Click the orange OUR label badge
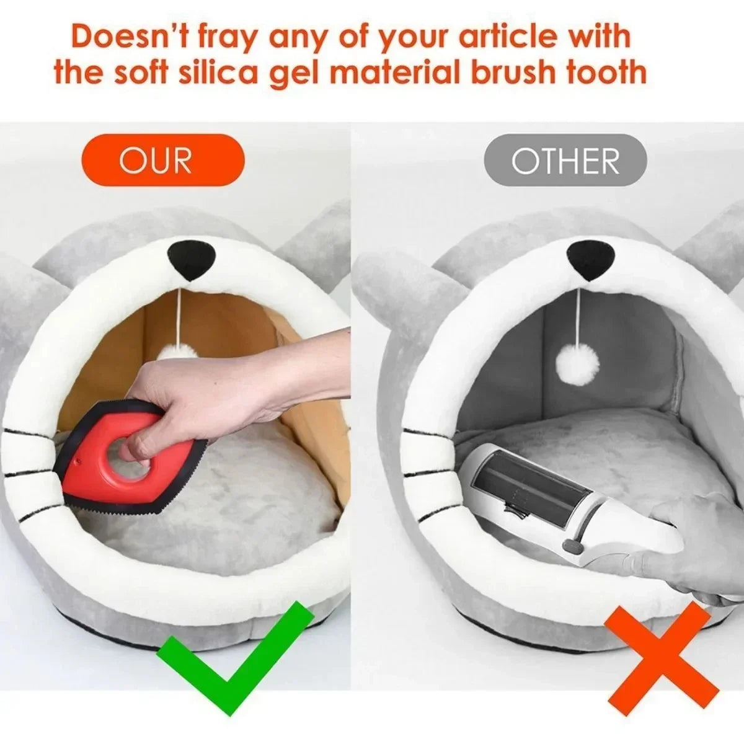163,160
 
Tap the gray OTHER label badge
565,160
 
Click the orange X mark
662,643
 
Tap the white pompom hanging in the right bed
578,361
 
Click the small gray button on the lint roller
572,546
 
